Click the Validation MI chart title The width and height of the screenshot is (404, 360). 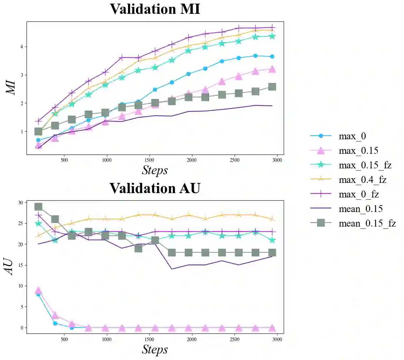[x=155, y=9]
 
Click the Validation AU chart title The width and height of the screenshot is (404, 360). [x=155, y=188]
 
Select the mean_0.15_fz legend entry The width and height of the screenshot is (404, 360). [x=367, y=223]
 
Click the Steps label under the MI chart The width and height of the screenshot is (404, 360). [x=155, y=170]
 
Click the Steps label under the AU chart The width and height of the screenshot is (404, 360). [x=155, y=349]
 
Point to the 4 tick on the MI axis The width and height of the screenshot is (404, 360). [x=22, y=47]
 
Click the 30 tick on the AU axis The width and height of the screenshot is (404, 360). [x=21, y=203]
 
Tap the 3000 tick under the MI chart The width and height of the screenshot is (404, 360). [x=277, y=160]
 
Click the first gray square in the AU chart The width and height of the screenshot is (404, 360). [x=38, y=207]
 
